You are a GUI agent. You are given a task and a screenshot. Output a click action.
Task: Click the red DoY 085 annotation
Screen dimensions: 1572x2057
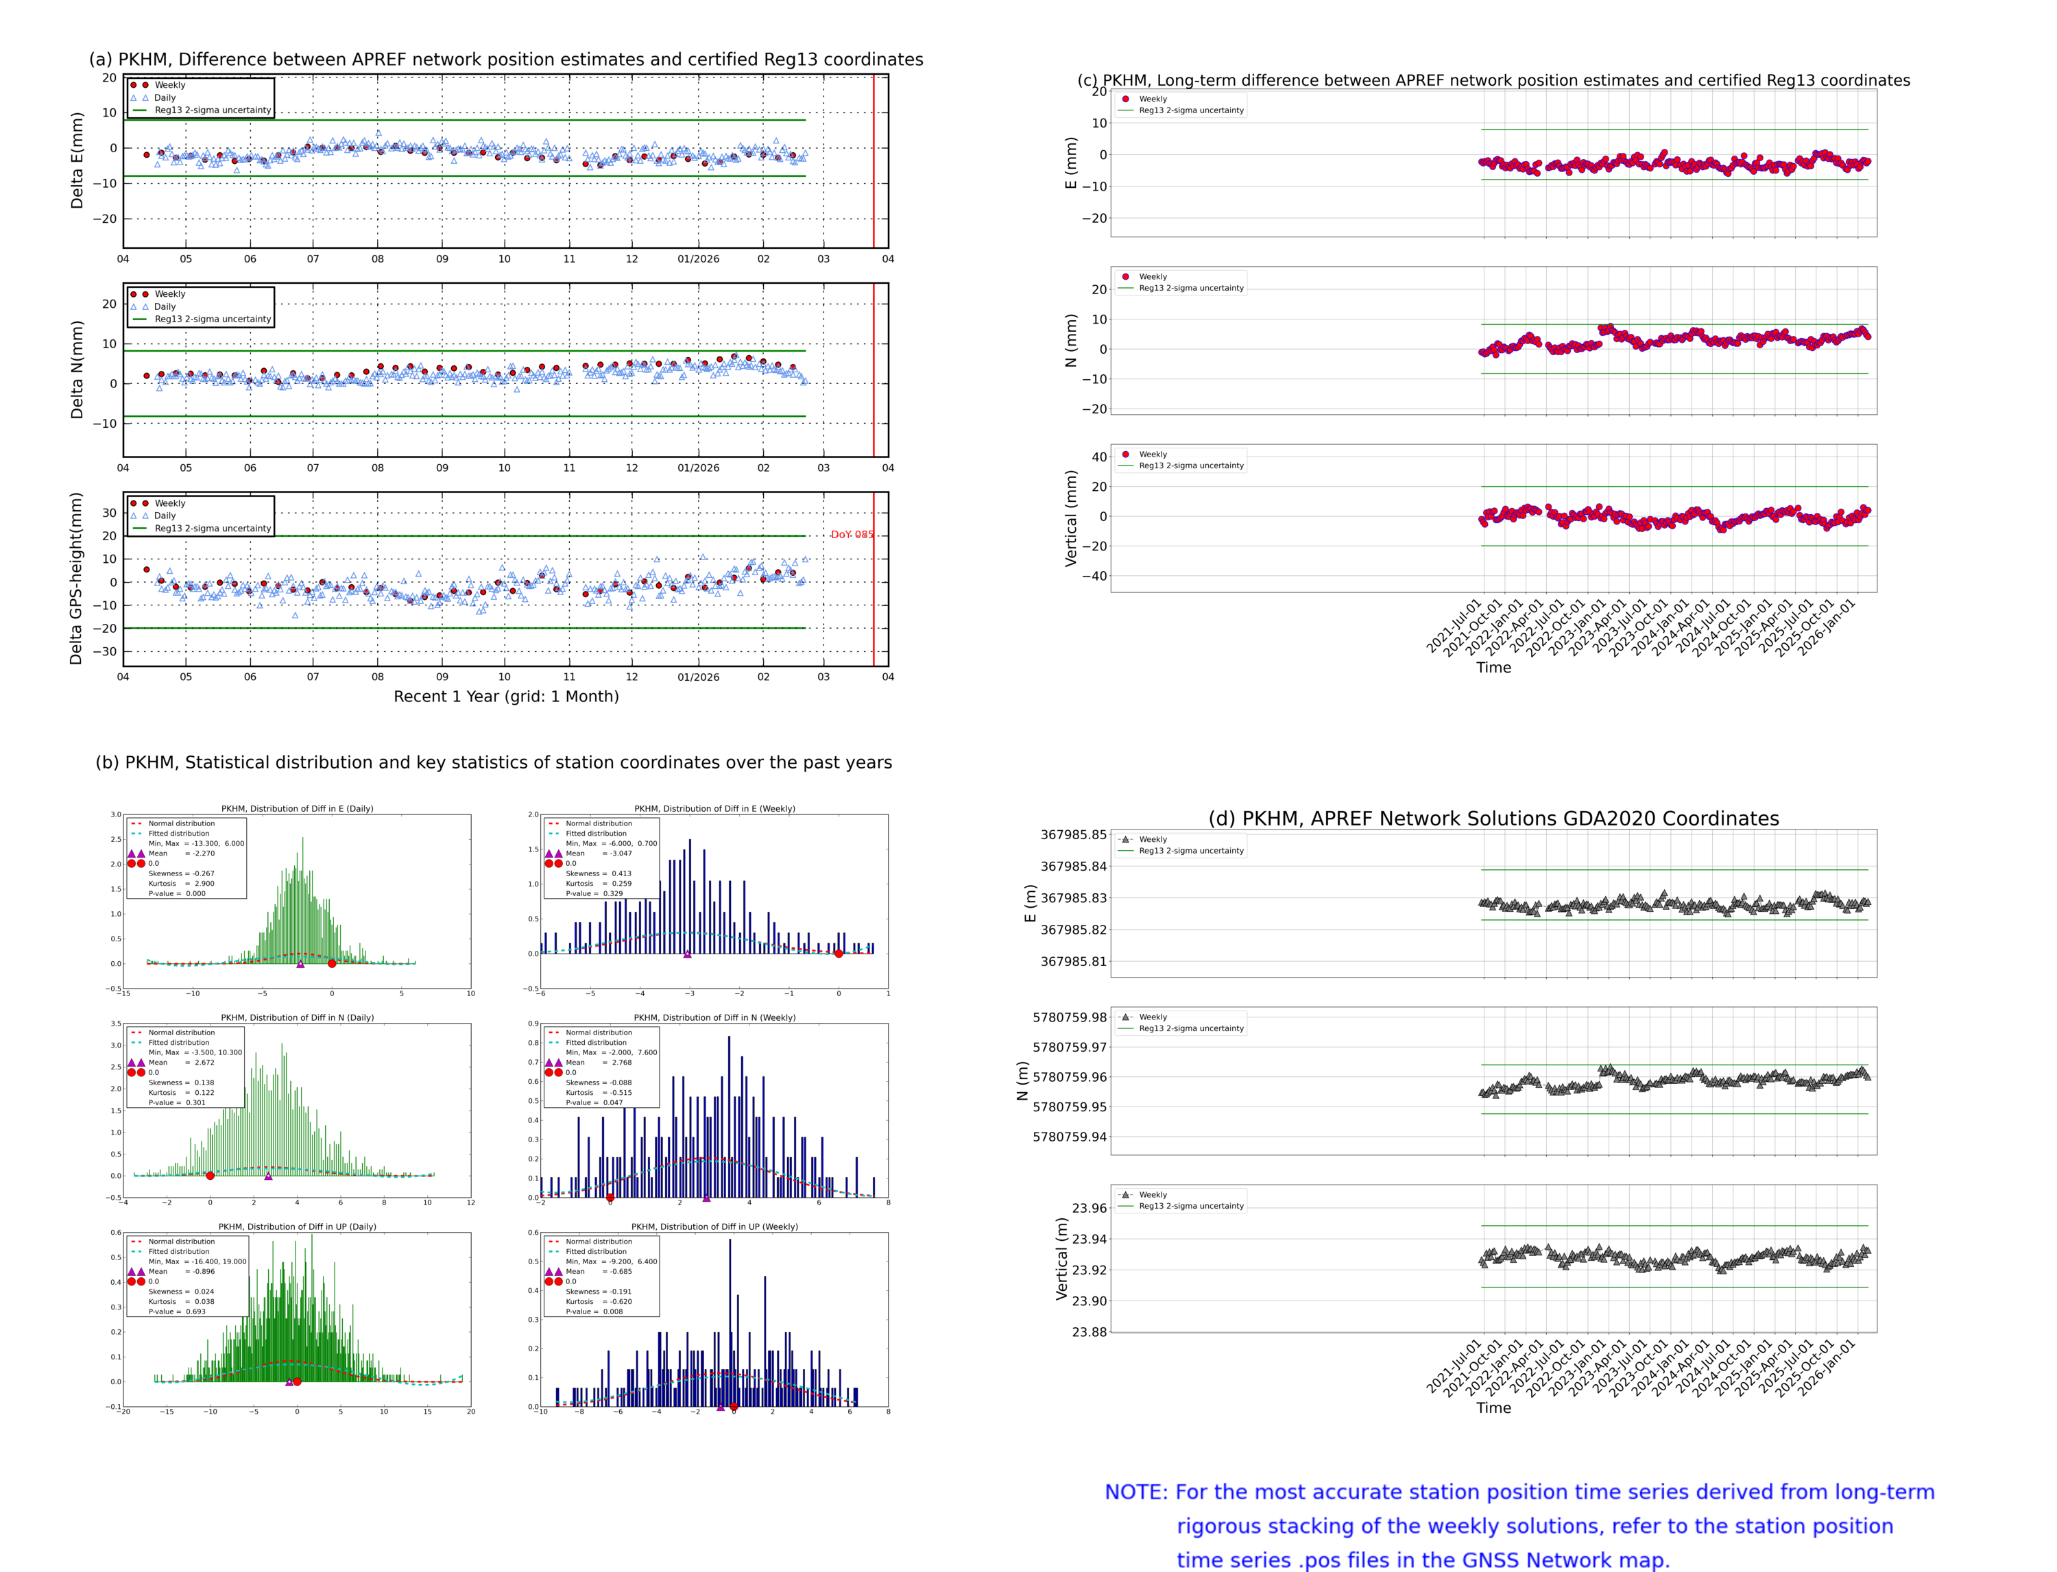click(852, 535)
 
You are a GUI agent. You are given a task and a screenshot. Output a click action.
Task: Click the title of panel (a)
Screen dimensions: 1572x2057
click(505, 60)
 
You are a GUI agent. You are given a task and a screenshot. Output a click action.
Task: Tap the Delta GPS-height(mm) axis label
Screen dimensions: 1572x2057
click(77, 578)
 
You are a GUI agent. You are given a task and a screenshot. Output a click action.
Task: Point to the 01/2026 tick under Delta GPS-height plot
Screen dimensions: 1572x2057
click(698, 677)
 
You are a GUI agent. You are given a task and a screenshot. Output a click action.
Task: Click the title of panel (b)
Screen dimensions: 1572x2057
click(493, 762)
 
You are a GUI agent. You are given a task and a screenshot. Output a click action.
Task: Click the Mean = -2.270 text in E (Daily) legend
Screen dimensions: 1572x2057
click(182, 854)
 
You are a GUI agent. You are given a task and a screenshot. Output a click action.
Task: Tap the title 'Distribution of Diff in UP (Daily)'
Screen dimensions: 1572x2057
click(298, 1226)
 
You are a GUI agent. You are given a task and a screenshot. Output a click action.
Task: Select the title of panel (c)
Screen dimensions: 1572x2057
click(1493, 80)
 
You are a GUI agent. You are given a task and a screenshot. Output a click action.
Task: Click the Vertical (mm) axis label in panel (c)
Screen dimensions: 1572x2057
click(1070, 518)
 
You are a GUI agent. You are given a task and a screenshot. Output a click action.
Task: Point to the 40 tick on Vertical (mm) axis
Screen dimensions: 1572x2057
click(1098, 457)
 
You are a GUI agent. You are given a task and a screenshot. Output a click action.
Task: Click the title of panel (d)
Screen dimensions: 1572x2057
click(1493, 819)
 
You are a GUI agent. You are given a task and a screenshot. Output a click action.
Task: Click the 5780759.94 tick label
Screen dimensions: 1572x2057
click(1069, 1137)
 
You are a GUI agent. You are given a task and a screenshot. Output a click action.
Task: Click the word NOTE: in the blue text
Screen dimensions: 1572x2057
click(1136, 1492)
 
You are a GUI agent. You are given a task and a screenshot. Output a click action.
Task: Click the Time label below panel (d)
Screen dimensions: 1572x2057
click(1493, 1408)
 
